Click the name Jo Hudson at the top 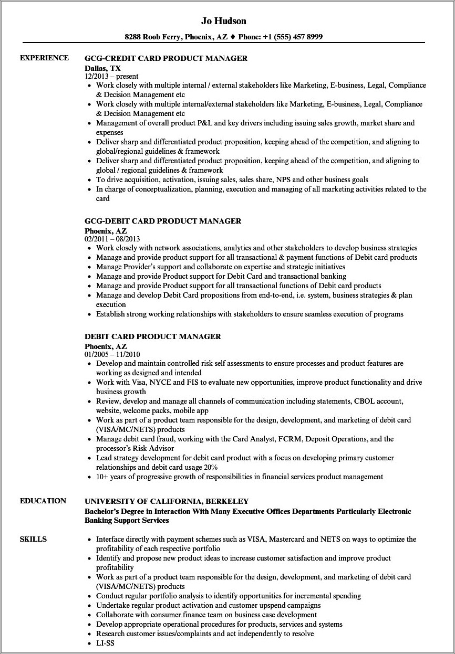tap(223, 21)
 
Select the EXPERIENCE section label tap(44, 58)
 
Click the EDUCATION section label tap(43, 501)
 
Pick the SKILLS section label tap(33, 539)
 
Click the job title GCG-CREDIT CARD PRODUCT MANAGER tap(166, 58)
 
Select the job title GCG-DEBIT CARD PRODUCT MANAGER tap(163, 221)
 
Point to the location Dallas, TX tap(102, 68)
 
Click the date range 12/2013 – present tap(111, 76)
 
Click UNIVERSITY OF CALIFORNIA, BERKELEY tap(167, 501)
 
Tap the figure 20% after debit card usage tap(211, 467)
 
